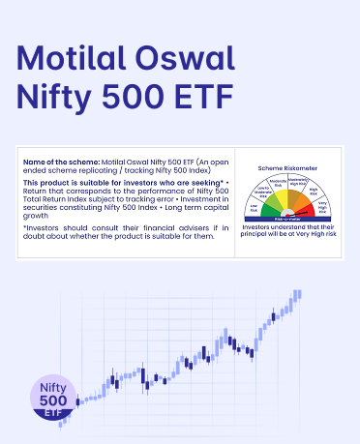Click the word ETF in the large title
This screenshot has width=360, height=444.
coord(214,99)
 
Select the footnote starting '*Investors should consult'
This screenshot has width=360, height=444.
coord(125,232)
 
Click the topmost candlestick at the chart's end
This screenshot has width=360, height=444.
coord(297,294)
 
